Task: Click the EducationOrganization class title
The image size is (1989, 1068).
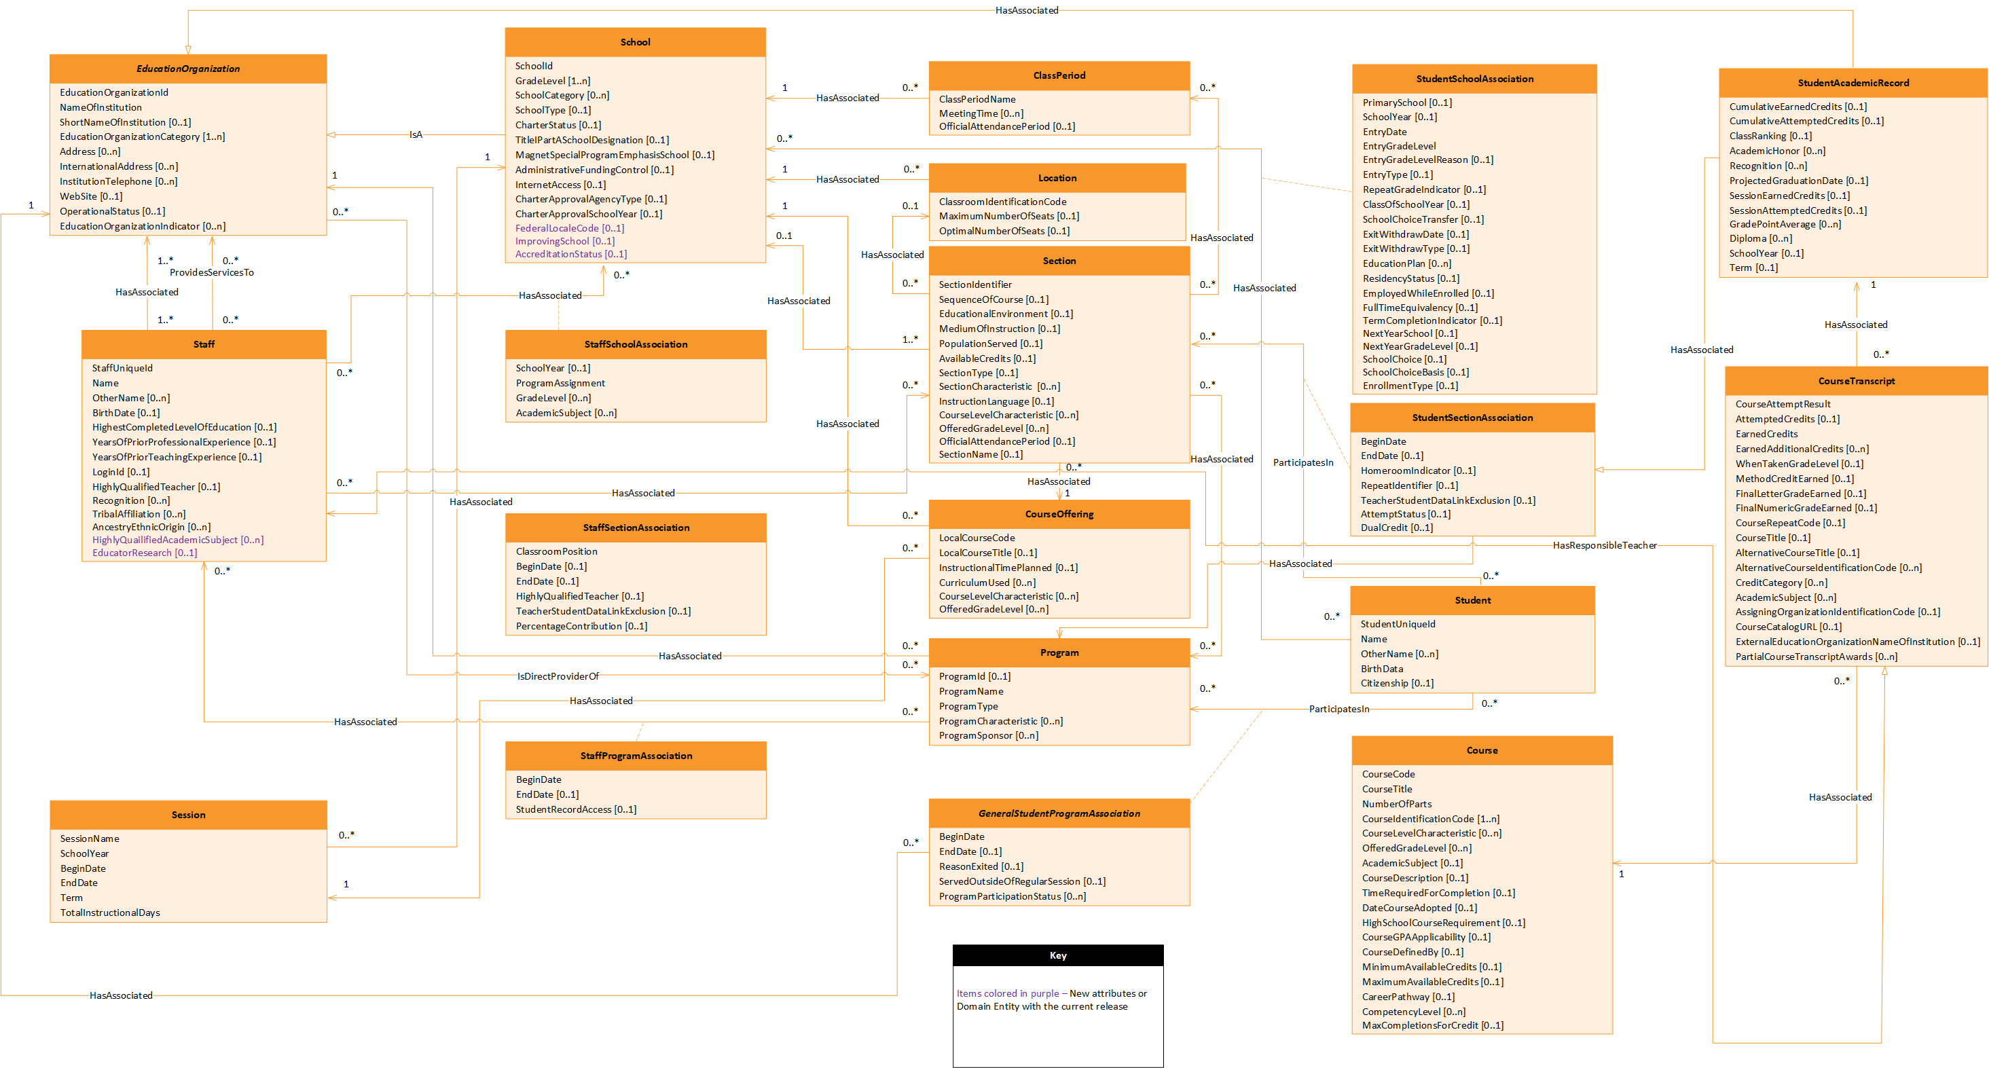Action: pos(187,69)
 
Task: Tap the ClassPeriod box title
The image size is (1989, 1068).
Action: pos(1059,75)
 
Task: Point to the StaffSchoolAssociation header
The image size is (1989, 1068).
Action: pos(636,344)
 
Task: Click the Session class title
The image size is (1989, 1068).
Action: pos(188,815)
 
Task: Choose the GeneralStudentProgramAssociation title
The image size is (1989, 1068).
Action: pos(1059,813)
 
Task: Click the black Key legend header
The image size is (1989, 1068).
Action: pos(1058,955)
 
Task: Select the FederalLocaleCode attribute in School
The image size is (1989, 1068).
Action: pos(569,229)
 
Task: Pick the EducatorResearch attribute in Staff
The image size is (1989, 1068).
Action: pos(145,553)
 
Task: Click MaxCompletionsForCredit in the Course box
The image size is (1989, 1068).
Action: pos(1432,1025)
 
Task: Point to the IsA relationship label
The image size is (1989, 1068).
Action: pos(416,135)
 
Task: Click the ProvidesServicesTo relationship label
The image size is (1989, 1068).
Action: pos(212,272)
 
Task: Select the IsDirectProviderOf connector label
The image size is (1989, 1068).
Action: pos(558,676)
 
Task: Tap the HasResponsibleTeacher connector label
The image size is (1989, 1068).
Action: pos(1605,545)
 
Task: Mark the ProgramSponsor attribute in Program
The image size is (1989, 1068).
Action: pos(988,736)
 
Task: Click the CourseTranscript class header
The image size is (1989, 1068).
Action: pos(1856,381)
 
